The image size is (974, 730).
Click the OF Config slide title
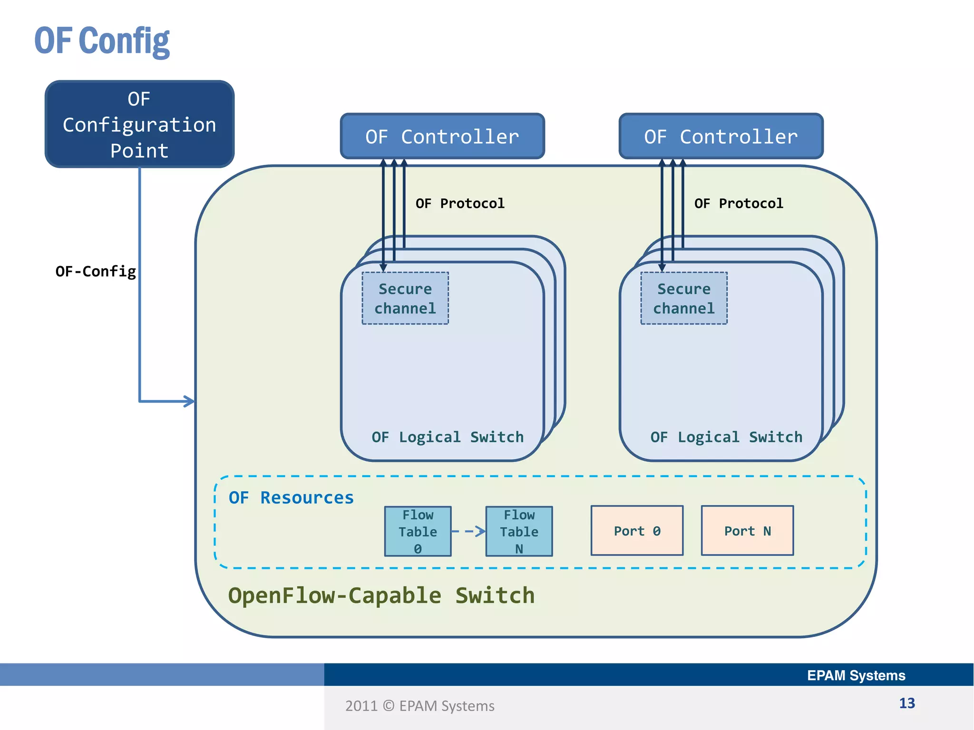pos(102,41)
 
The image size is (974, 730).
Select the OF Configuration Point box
pos(139,124)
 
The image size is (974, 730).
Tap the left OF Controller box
pos(442,136)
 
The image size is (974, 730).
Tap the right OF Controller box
pos(721,136)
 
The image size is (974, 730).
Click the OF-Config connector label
pos(96,271)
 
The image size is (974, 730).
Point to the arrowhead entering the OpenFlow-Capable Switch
pos(190,401)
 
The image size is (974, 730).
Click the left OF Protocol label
pos(460,203)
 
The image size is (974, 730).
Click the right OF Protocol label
pos(739,203)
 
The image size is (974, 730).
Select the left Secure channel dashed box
pos(405,298)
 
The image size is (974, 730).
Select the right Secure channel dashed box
pos(684,298)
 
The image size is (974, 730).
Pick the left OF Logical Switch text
pos(448,437)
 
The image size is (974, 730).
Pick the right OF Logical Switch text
pos(726,437)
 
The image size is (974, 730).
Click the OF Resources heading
pos(291,498)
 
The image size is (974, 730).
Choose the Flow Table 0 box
pos(418,531)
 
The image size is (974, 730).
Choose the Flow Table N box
pos(519,531)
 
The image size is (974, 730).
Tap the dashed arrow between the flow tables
pos(469,531)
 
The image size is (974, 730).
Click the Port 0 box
pos(637,531)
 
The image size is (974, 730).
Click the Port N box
pos(747,531)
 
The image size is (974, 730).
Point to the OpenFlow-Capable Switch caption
pos(381,596)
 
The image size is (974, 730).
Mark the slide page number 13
pos(906,703)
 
